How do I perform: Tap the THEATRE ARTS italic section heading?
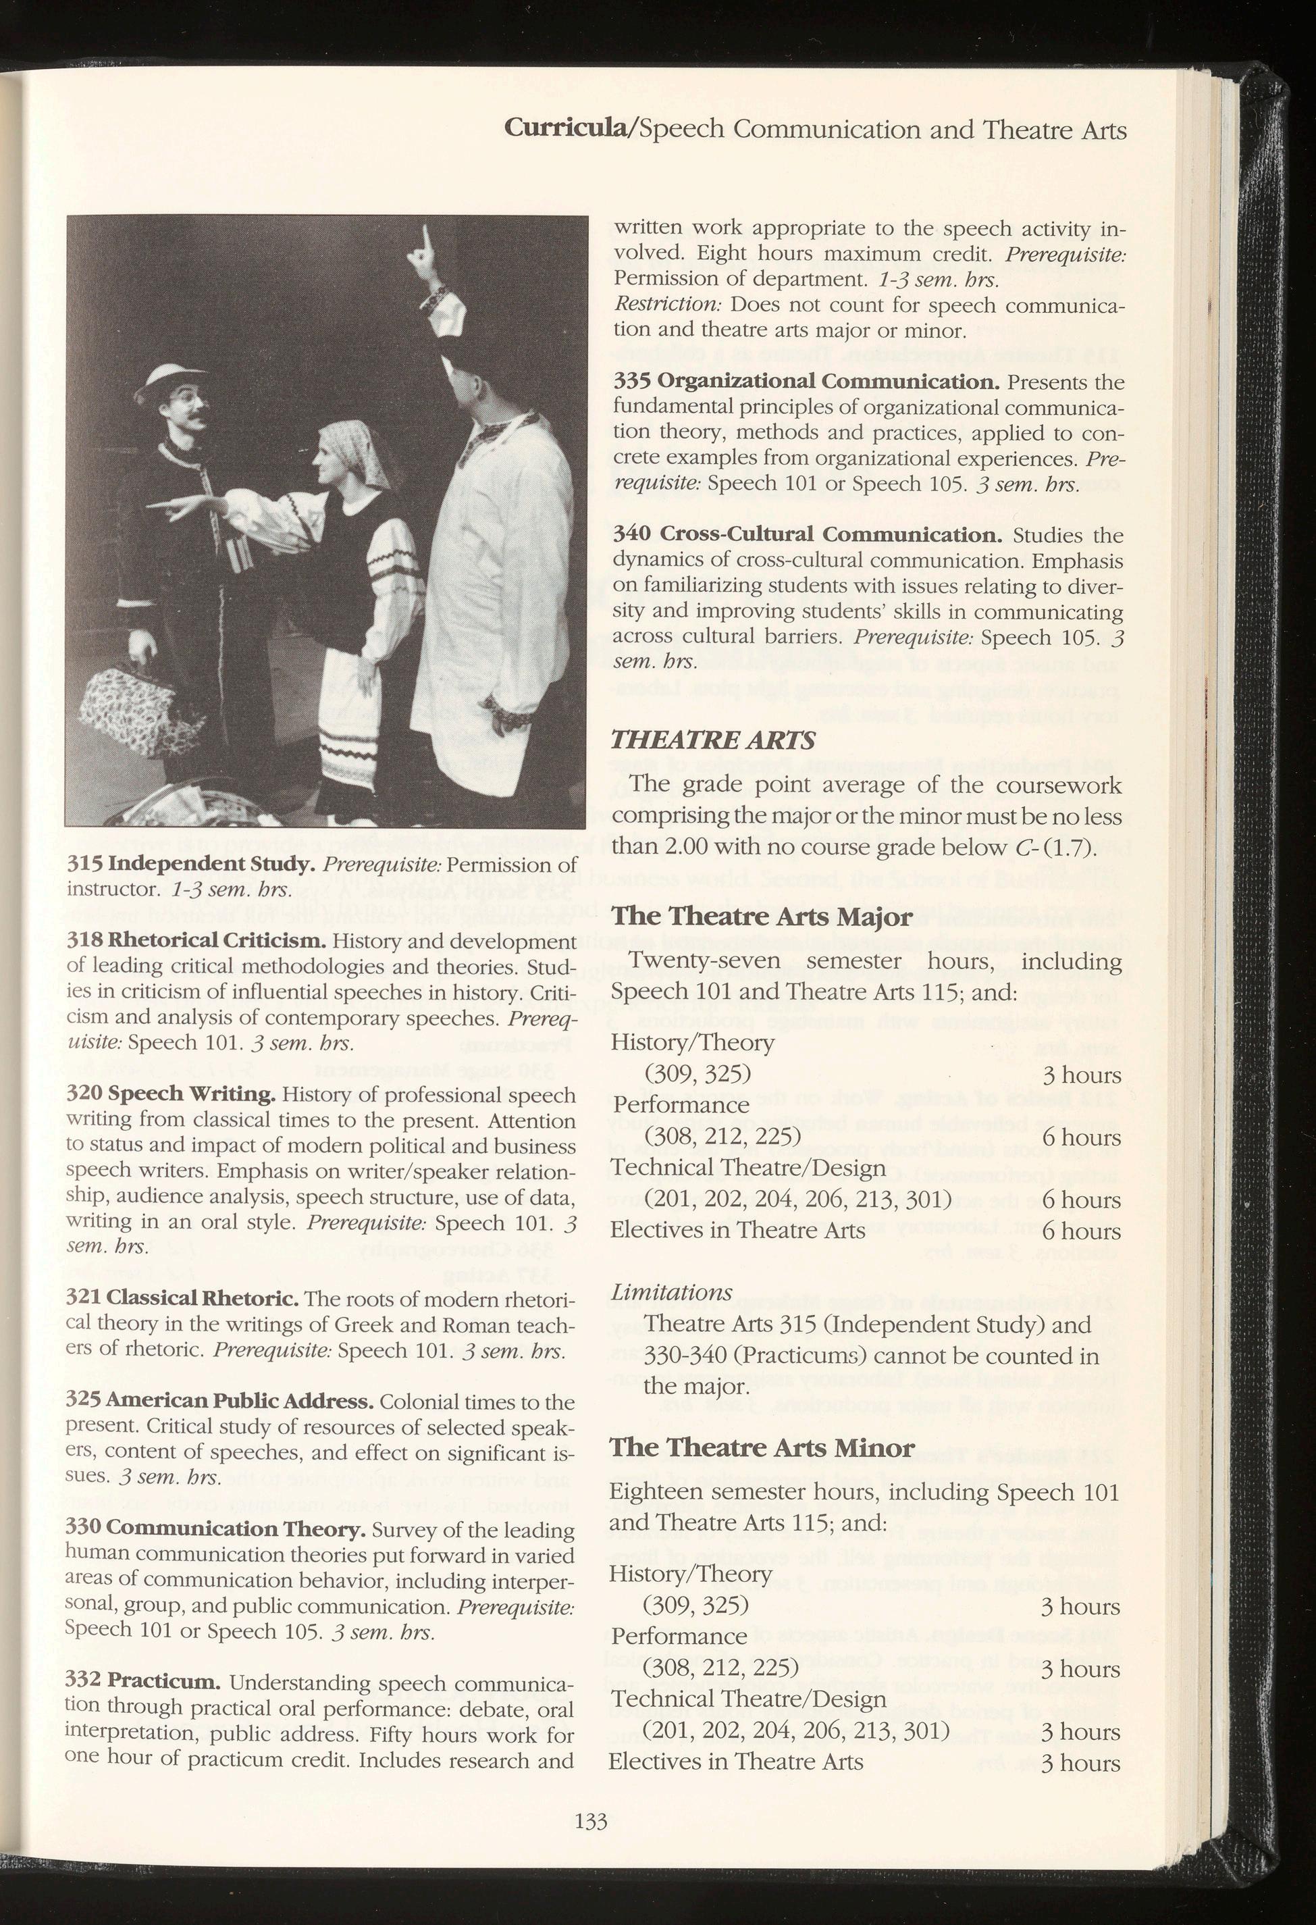click(712, 739)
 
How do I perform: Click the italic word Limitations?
click(671, 1292)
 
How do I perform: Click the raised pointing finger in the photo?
click(423, 247)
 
